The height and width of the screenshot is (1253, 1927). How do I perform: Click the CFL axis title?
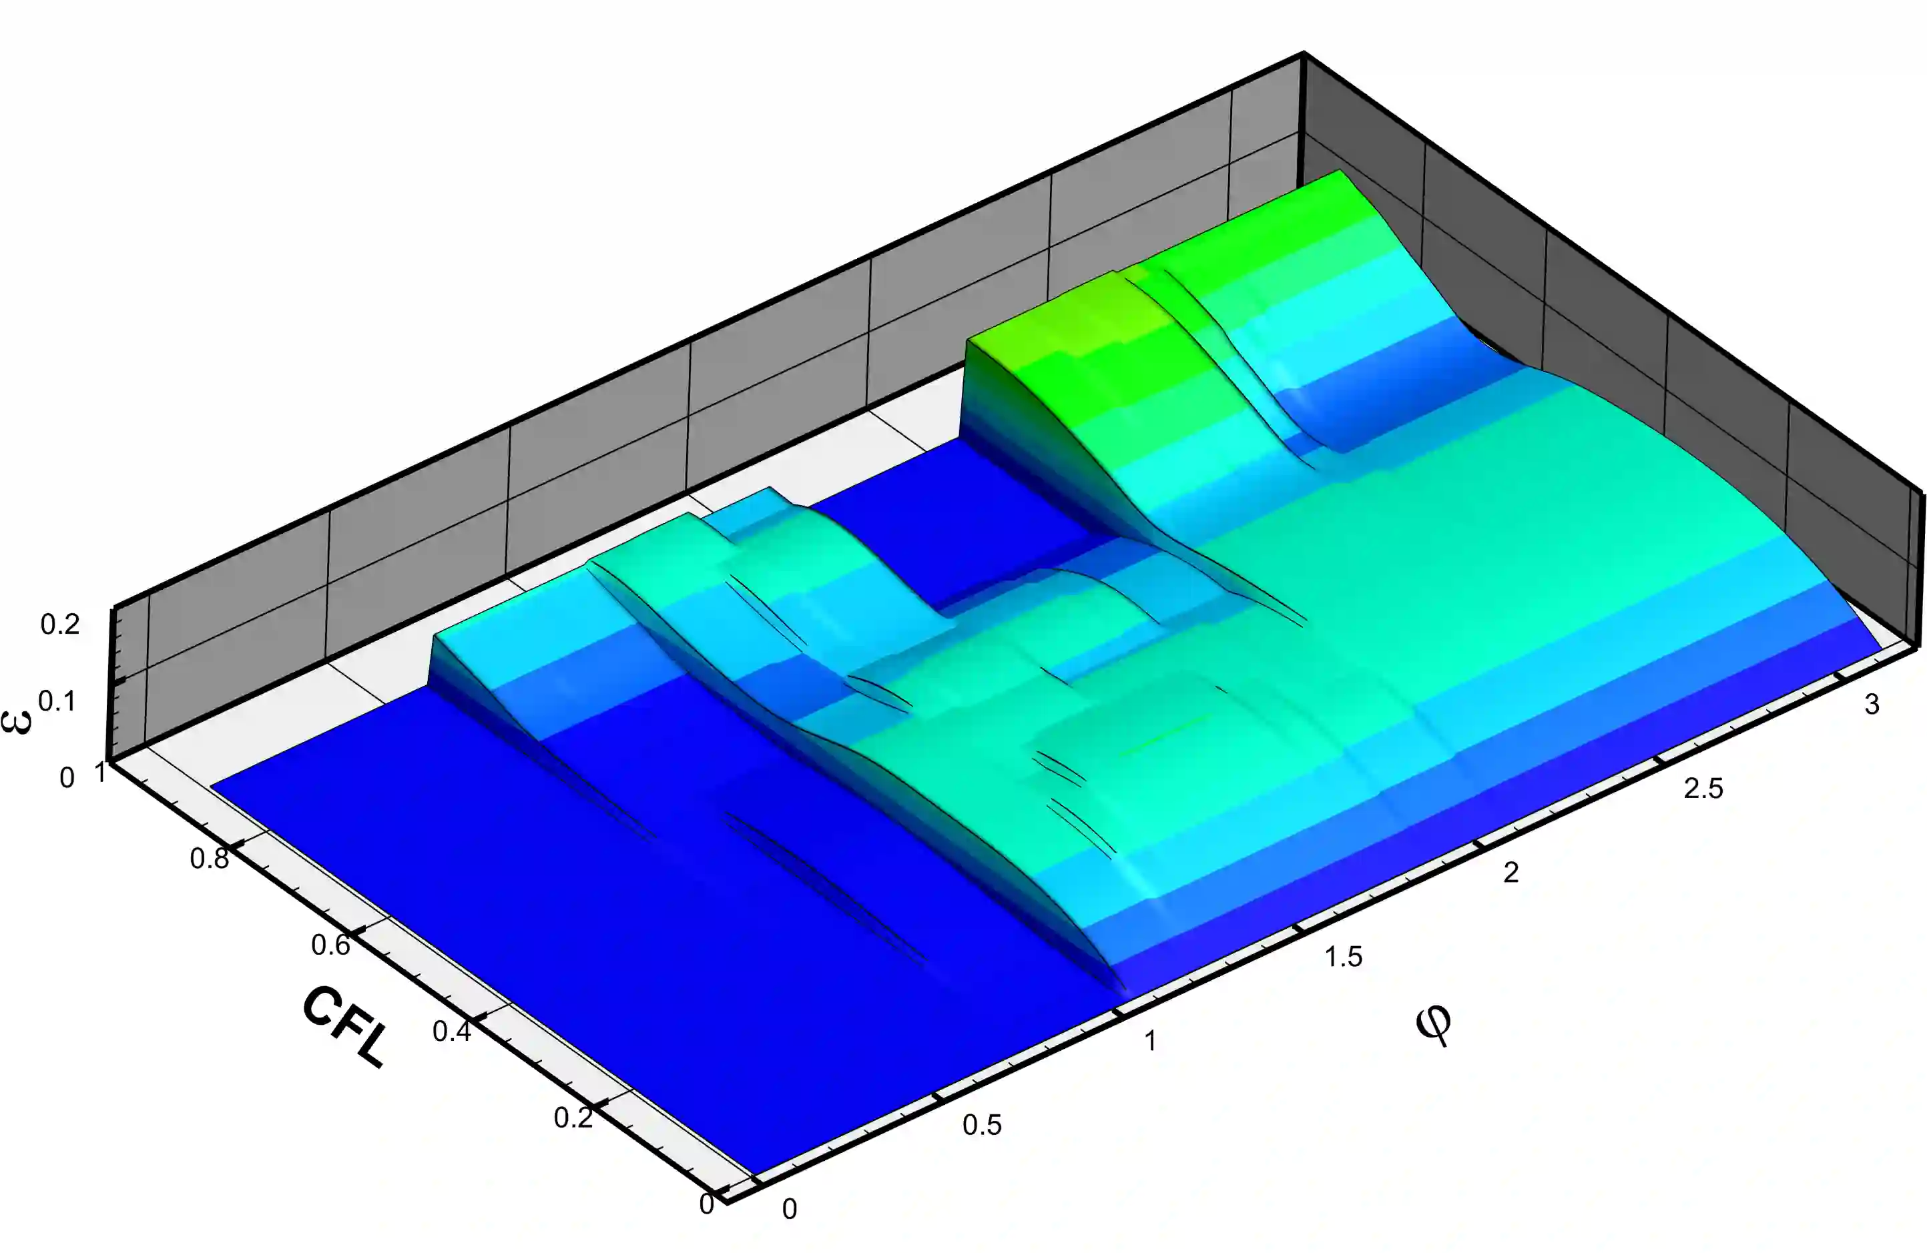tap(344, 1026)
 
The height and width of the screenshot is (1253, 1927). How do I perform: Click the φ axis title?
tap(1433, 1025)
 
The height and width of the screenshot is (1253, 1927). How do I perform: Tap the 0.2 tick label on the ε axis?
tap(60, 624)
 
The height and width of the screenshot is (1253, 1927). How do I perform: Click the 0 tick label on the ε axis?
tap(67, 778)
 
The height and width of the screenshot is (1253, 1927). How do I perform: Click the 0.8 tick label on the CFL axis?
tap(209, 859)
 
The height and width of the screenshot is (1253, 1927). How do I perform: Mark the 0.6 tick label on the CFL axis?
tap(330, 945)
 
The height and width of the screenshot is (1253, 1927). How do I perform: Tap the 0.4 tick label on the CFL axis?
tap(452, 1031)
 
